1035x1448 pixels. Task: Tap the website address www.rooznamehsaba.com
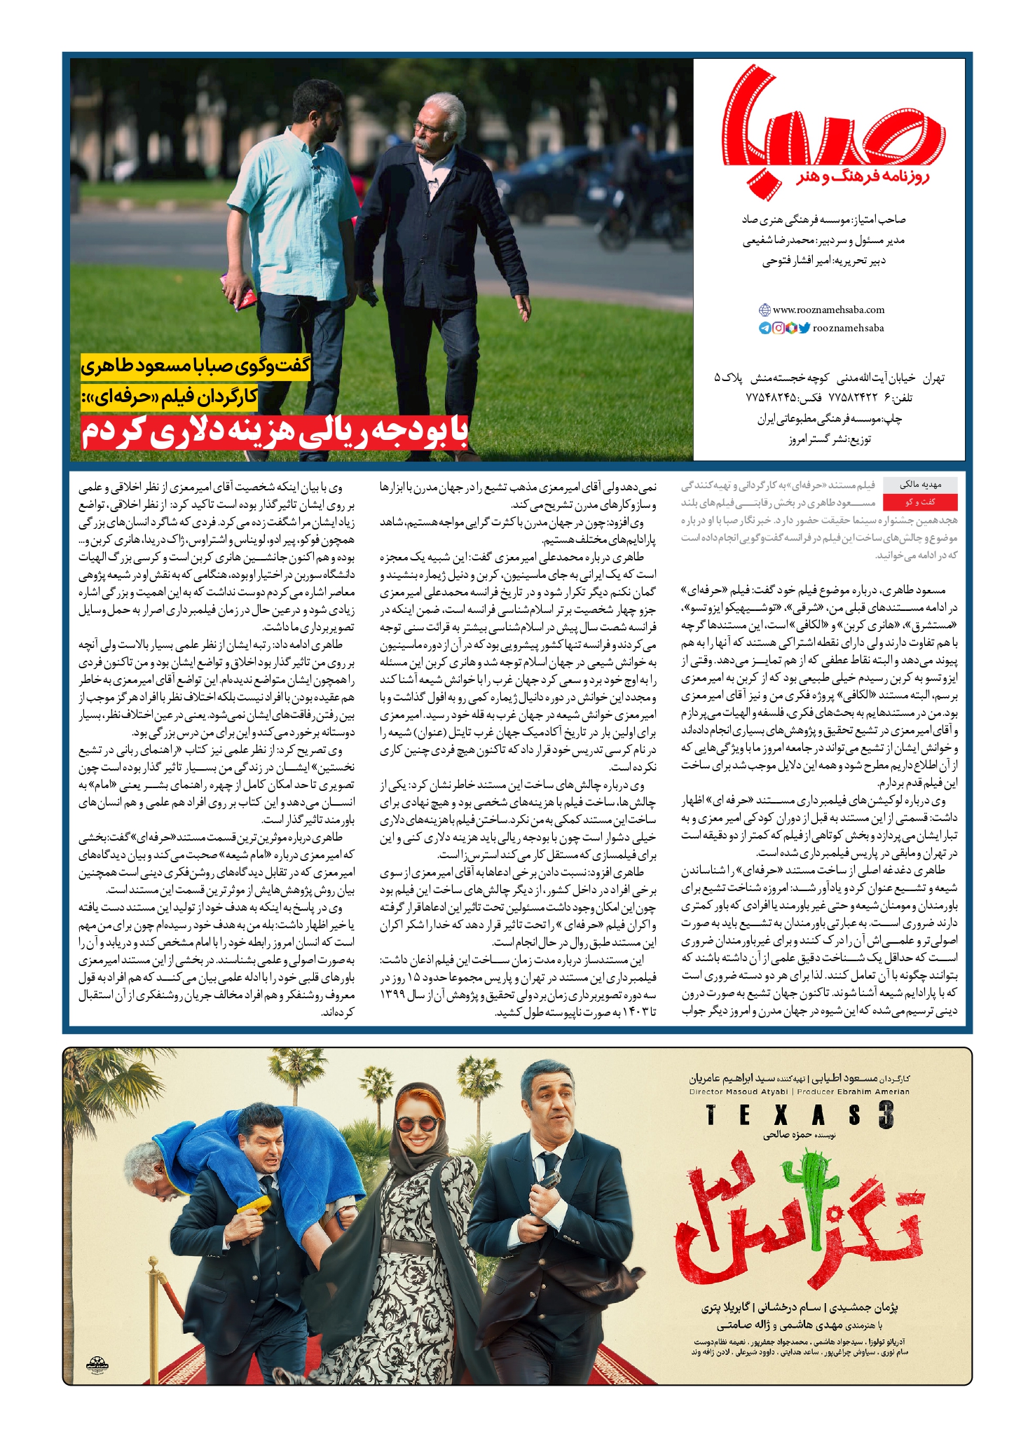(828, 310)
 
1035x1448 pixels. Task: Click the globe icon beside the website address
(765, 310)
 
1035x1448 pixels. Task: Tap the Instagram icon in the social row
(778, 328)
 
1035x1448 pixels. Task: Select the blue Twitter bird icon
(804, 328)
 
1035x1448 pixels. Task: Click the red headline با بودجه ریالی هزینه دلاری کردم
(274, 432)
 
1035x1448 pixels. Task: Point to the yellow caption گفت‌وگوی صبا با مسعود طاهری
(196, 366)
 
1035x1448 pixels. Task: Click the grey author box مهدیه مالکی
(919, 484)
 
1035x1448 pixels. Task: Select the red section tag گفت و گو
(919, 502)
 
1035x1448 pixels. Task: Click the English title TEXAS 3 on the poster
(799, 1115)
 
